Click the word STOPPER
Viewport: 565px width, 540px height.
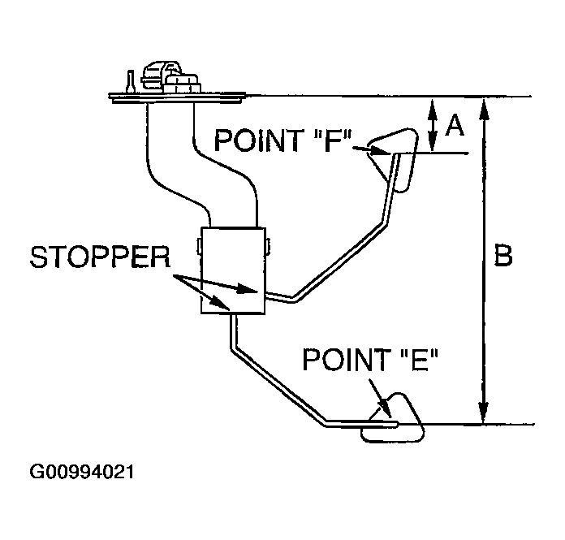point(99,259)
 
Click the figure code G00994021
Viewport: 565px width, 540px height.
point(82,472)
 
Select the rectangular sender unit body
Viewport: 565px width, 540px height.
point(233,272)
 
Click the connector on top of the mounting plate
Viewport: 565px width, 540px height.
point(166,77)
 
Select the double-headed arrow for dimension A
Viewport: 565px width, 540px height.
point(432,125)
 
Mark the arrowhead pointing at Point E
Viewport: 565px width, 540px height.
point(381,411)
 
